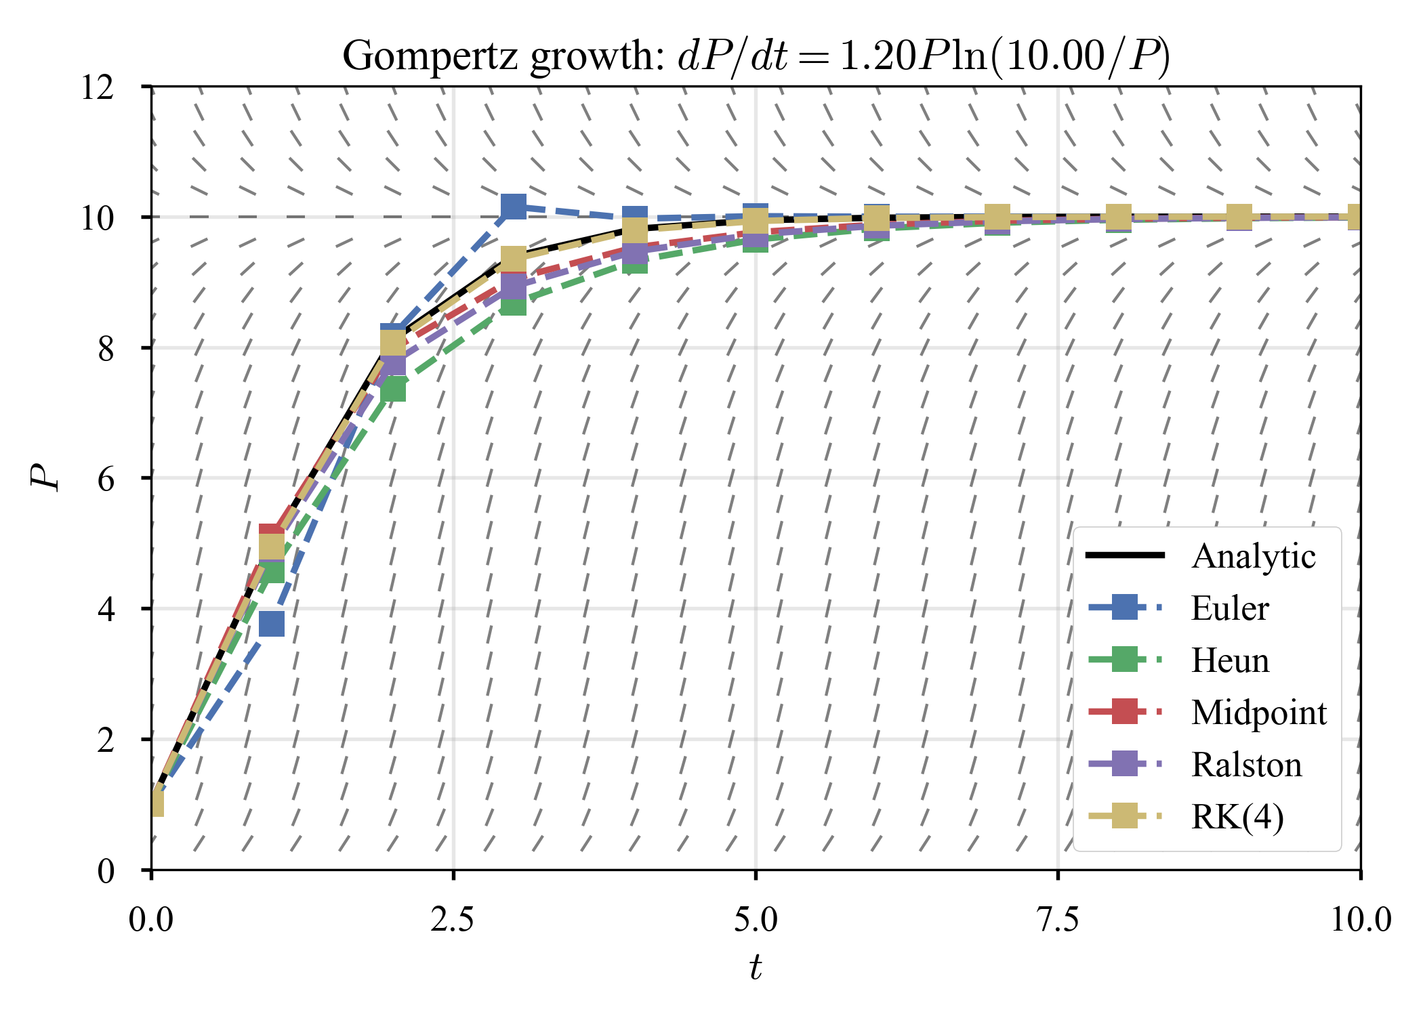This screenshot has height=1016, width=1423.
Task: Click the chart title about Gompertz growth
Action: tap(756, 56)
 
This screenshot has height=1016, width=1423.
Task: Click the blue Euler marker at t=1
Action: tap(272, 624)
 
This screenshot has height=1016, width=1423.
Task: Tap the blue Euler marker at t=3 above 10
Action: tap(514, 206)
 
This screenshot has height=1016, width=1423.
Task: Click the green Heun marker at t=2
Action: tap(393, 391)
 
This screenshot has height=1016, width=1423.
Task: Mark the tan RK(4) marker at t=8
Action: tap(1119, 217)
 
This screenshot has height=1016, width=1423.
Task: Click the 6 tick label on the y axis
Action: tap(106, 480)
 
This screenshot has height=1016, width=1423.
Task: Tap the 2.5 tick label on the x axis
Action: tap(453, 920)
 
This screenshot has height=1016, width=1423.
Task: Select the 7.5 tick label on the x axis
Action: tap(1058, 920)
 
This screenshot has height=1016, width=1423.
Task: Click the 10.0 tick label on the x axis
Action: tap(1360, 920)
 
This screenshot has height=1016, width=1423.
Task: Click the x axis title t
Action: tap(756, 967)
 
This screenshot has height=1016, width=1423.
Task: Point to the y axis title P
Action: tap(45, 478)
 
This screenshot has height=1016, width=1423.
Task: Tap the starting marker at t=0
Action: tap(156, 804)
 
